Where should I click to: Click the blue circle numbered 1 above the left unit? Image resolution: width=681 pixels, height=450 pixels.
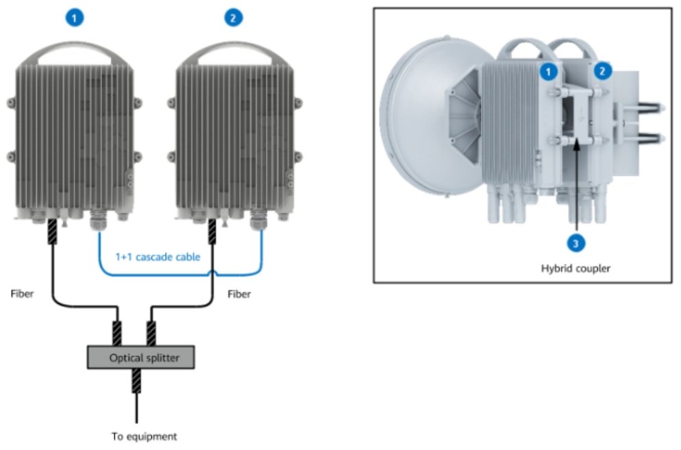(75, 18)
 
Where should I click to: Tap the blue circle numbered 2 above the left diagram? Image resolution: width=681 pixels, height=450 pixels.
(234, 18)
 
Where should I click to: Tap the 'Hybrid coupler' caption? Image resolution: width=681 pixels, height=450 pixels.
(576, 268)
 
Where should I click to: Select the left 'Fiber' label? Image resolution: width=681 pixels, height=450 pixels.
(23, 295)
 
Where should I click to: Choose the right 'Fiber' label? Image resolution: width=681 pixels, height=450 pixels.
(238, 295)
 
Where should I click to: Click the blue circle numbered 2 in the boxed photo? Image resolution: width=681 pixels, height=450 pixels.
(602, 70)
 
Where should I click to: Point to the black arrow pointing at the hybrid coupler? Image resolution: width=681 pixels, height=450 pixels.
(576, 185)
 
